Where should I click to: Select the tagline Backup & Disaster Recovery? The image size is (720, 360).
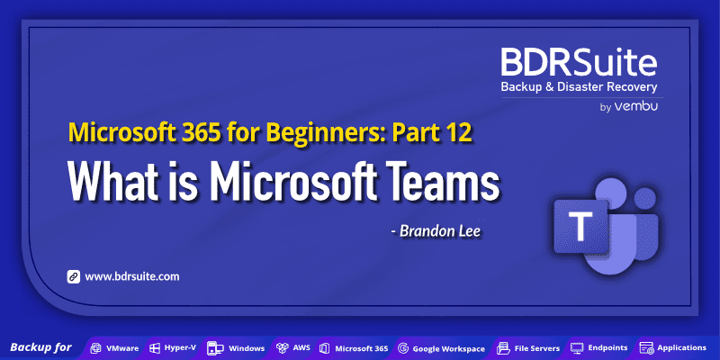click(x=580, y=87)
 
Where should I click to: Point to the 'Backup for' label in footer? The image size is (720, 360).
click(x=40, y=347)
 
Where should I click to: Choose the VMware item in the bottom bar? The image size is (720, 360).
click(x=114, y=347)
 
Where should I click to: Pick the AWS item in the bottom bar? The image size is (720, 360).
click(x=294, y=347)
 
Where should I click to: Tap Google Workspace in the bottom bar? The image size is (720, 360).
click(x=442, y=347)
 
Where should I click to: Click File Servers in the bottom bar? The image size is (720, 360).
click(x=530, y=347)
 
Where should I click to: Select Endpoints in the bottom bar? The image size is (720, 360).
click(x=599, y=347)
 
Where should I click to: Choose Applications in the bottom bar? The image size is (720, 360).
click(x=674, y=347)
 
